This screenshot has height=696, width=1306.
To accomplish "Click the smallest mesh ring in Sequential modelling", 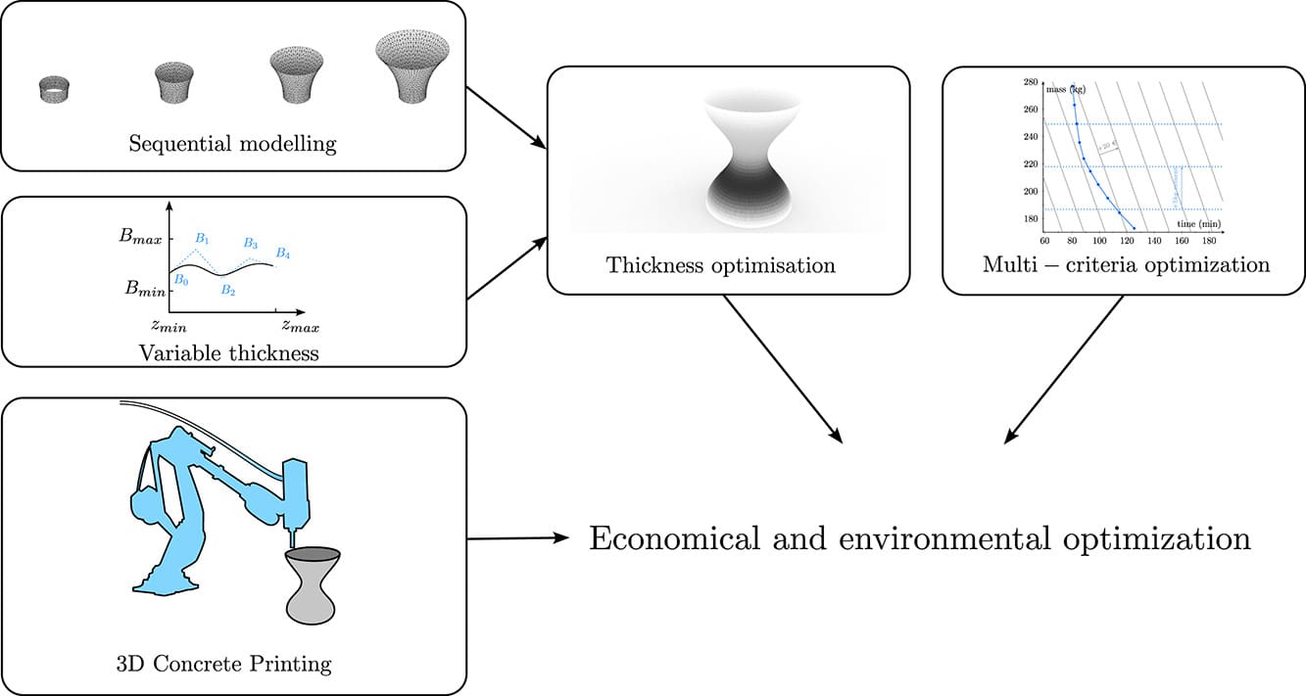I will (x=54, y=91).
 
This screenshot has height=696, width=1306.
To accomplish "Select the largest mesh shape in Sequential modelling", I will (x=412, y=66).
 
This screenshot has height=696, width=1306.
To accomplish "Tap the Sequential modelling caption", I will (x=232, y=145).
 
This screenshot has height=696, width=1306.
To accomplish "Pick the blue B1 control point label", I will (x=202, y=238).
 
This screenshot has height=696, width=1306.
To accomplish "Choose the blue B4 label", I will (x=282, y=254).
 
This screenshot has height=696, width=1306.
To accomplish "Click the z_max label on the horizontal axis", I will (x=300, y=324).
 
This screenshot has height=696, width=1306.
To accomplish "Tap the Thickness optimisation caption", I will (x=720, y=265).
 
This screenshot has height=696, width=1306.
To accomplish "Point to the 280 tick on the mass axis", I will (x=1029, y=82).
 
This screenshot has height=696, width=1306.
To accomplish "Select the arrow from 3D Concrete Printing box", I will (x=518, y=537).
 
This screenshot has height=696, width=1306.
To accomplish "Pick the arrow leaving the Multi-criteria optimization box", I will (x=1064, y=370).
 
